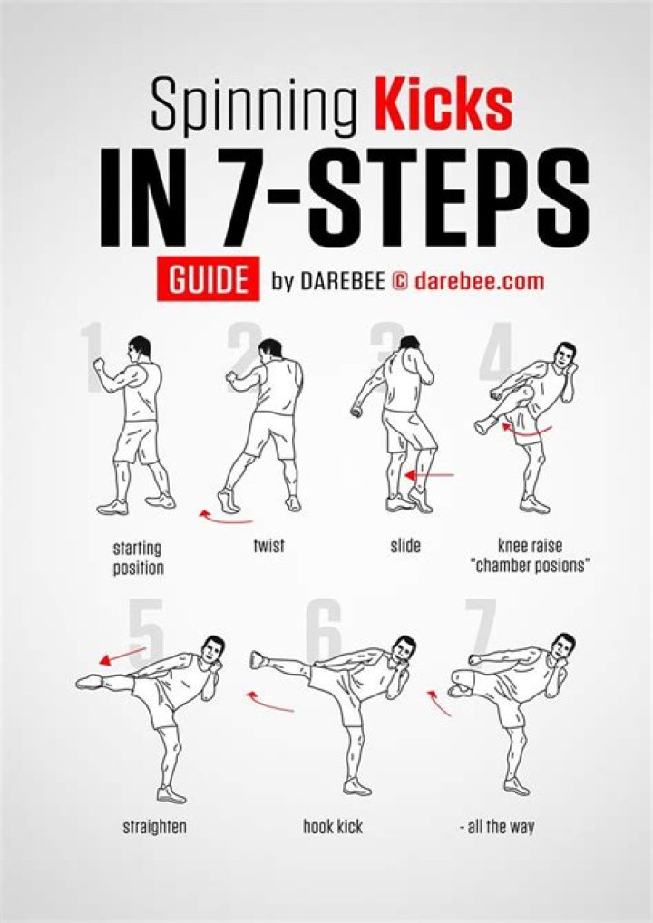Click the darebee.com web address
click(x=479, y=281)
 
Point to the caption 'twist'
click(x=268, y=546)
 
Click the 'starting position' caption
click(x=138, y=558)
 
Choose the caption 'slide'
click(x=405, y=546)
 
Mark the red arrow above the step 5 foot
click(x=122, y=655)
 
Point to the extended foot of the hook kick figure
click(x=259, y=659)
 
